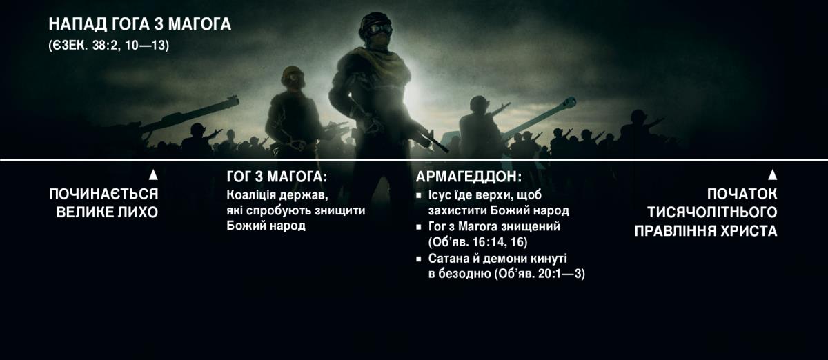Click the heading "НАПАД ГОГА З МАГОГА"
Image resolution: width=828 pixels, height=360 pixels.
(x=139, y=25)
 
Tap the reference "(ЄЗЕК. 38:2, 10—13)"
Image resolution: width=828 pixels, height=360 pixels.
(x=108, y=46)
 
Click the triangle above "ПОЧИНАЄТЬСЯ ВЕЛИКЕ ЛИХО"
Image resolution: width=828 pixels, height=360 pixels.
(x=153, y=175)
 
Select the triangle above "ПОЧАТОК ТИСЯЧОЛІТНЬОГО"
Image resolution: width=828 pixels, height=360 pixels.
(x=773, y=175)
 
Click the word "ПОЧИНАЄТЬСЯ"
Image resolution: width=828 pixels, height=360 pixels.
(x=103, y=194)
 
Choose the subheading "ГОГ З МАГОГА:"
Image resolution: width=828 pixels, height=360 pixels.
(x=276, y=177)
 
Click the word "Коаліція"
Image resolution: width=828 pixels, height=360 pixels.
(x=250, y=194)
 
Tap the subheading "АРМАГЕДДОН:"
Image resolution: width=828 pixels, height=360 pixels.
(x=469, y=177)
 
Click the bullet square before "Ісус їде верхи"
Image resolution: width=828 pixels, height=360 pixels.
(x=419, y=195)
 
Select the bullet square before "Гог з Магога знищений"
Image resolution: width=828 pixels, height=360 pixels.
(x=419, y=227)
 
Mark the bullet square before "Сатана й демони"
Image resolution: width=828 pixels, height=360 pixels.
(x=419, y=259)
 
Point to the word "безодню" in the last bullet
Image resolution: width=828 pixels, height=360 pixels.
(x=463, y=274)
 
